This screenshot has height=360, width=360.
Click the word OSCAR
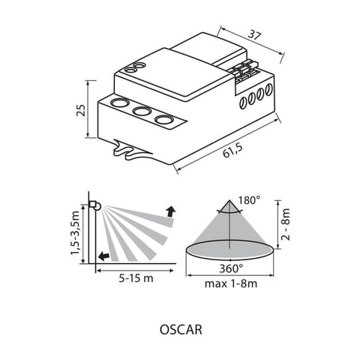point(180,328)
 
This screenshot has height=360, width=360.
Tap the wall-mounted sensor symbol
point(95,205)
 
